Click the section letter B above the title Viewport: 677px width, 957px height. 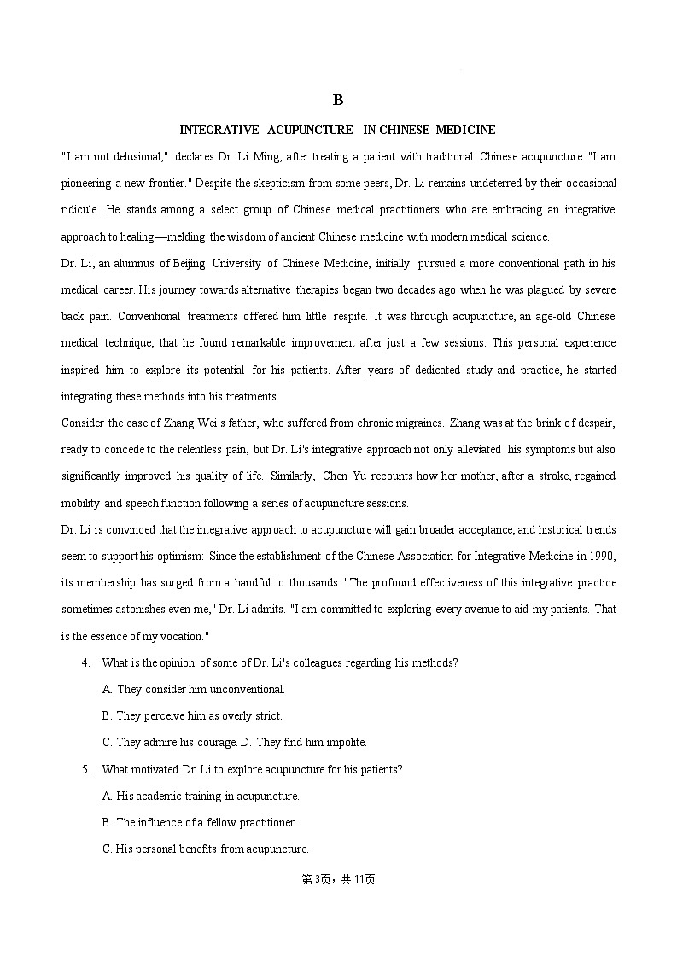pyautogui.click(x=338, y=100)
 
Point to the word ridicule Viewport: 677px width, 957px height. pyautogui.click(x=79, y=210)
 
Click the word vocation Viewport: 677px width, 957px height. pyautogui.click(x=180, y=636)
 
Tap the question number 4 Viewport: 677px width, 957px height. pyautogui.click(x=85, y=663)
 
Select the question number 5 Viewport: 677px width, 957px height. pyautogui.click(x=85, y=770)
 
